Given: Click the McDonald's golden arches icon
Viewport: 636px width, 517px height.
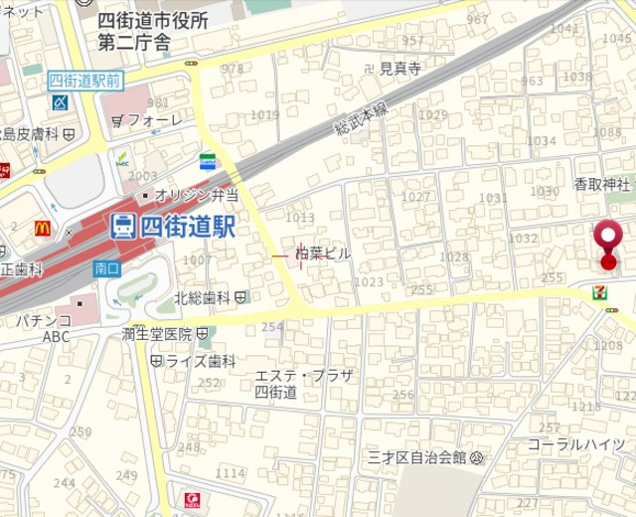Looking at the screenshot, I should pyautogui.click(x=43, y=228).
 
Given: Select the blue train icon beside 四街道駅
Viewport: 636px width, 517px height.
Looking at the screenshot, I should pyautogui.click(x=123, y=227).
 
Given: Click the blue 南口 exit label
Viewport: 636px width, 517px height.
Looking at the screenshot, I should pyautogui.click(x=106, y=268).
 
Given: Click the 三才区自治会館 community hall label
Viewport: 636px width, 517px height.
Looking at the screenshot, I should pyautogui.click(x=416, y=457).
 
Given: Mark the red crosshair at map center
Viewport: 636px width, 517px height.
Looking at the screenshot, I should pyautogui.click(x=300, y=255).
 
